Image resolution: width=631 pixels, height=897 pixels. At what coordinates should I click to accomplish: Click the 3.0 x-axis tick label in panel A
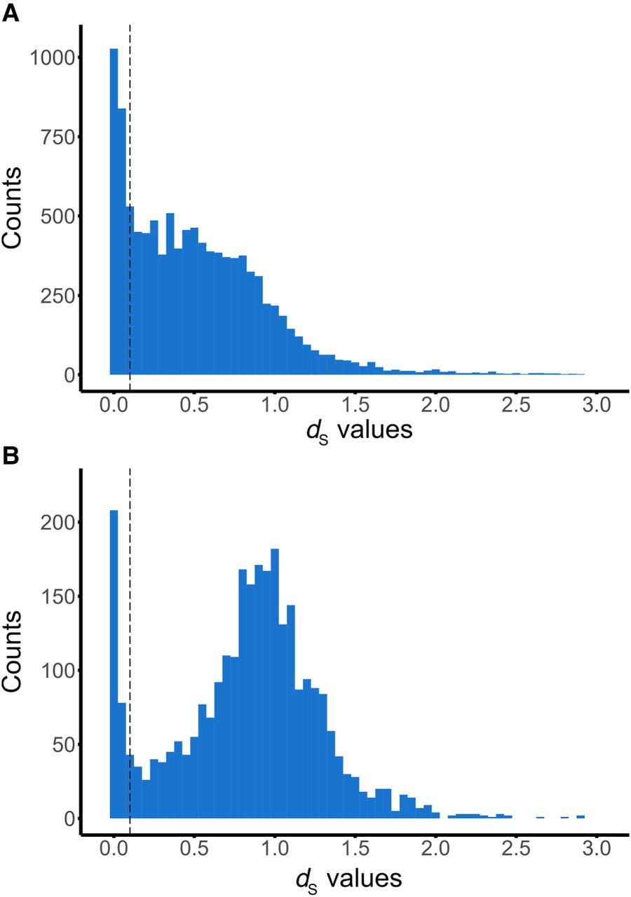click(596, 406)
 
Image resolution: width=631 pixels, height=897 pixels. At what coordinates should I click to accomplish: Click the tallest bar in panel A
click(114, 210)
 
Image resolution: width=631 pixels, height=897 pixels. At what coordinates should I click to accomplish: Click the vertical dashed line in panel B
click(130, 631)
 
